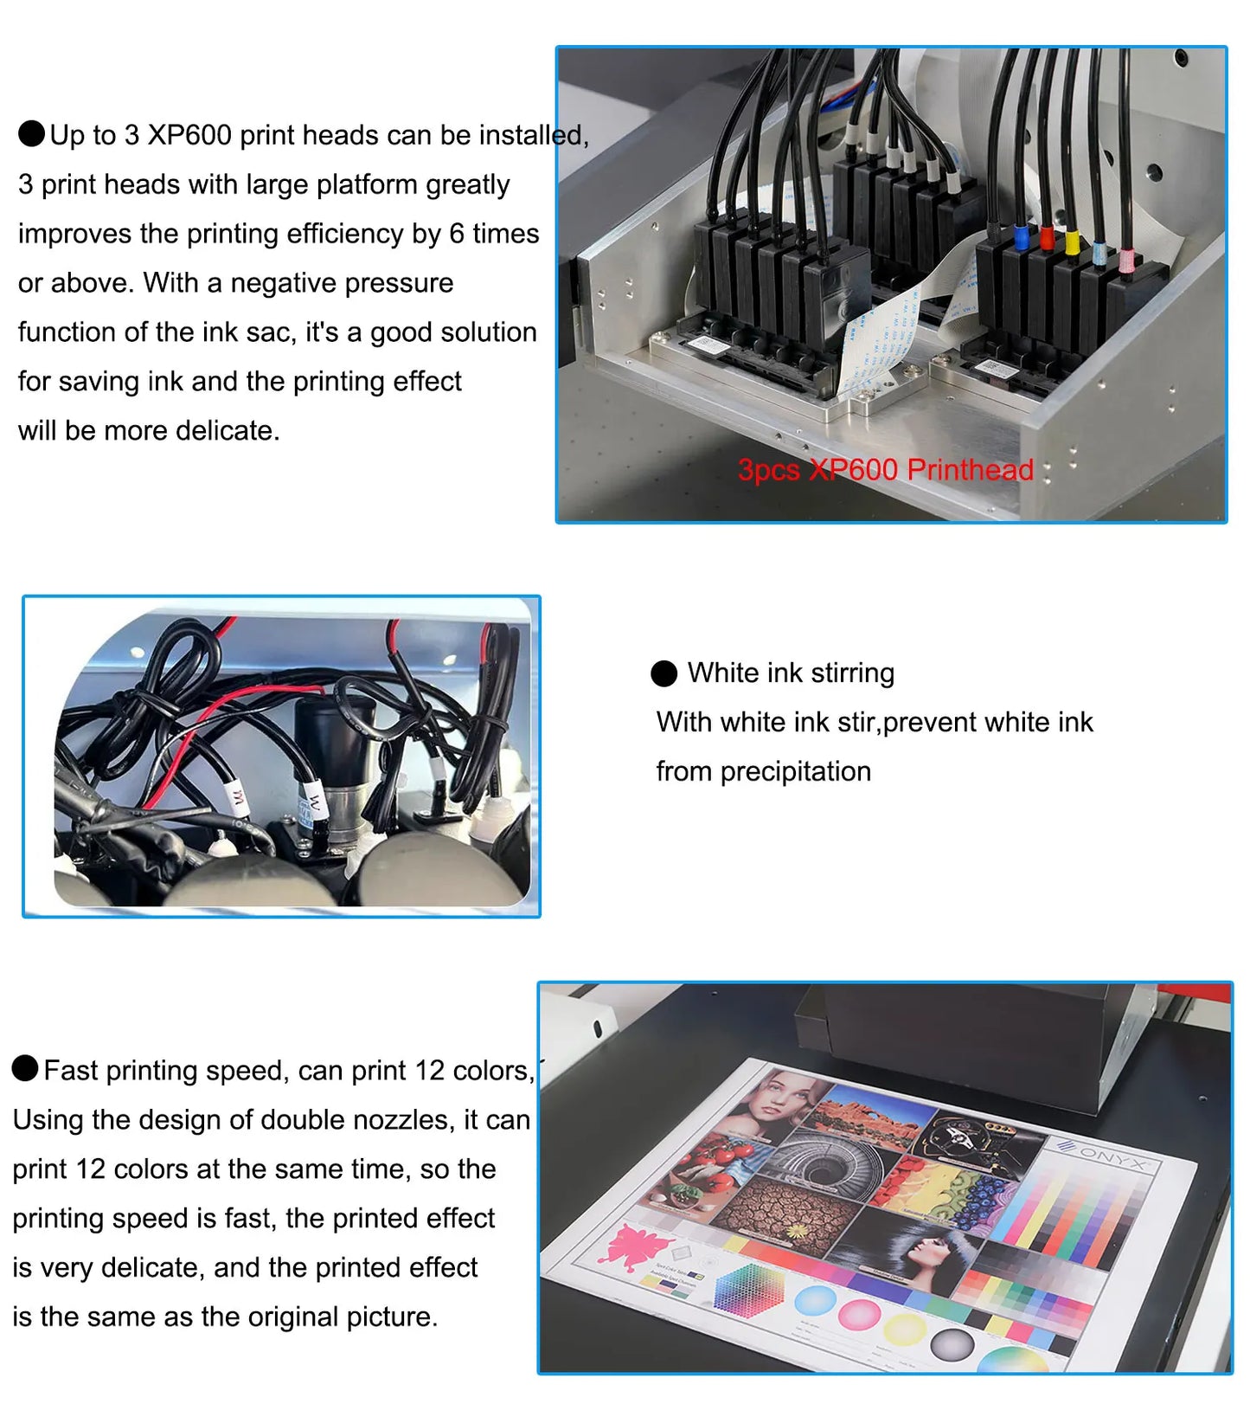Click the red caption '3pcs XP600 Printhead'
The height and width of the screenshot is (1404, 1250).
point(885,470)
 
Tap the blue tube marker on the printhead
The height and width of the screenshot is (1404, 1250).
point(1021,236)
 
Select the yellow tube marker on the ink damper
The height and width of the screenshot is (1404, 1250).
point(1073,242)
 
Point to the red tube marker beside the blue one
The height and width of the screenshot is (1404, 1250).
point(1047,236)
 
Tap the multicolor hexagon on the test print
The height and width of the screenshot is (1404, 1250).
point(749,1288)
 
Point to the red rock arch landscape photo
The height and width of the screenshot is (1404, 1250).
point(874,1112)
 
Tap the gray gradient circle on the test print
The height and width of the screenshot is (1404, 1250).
point(952,1346)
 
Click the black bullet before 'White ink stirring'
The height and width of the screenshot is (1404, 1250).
point(663,673)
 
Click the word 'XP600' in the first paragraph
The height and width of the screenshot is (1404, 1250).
point(189,135)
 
